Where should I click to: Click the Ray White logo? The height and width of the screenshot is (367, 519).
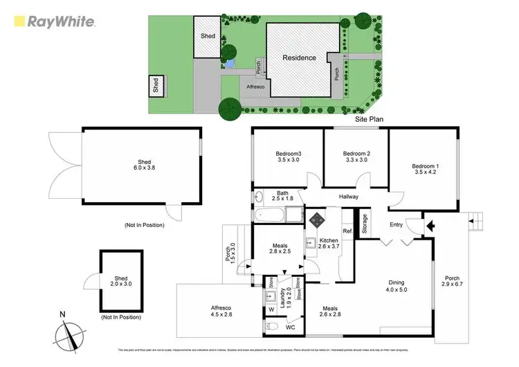(52, 21)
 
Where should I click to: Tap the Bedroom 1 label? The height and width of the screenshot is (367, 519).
(424, 170)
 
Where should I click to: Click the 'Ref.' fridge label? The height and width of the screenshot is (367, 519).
(347, 231)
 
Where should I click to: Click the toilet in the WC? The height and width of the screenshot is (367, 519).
(273, 326)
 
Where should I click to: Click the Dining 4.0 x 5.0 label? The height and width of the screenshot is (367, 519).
(397, 286)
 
